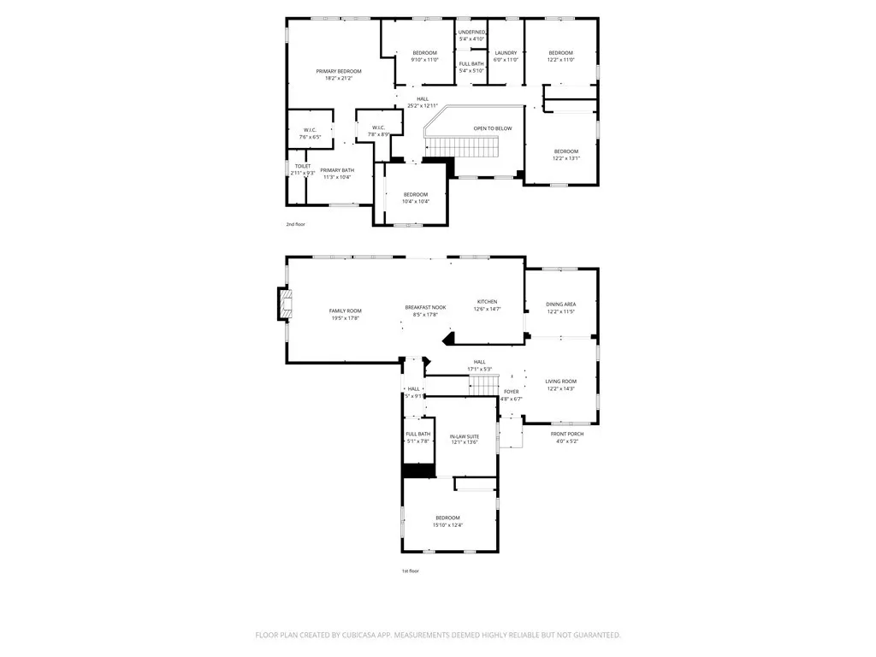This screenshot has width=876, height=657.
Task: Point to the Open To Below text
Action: pos(493,128)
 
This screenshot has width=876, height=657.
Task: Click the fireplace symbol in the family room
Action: pos(285,304)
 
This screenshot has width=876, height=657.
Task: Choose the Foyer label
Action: pos(511,392)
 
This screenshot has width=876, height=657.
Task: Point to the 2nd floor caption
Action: pos(295,224)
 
